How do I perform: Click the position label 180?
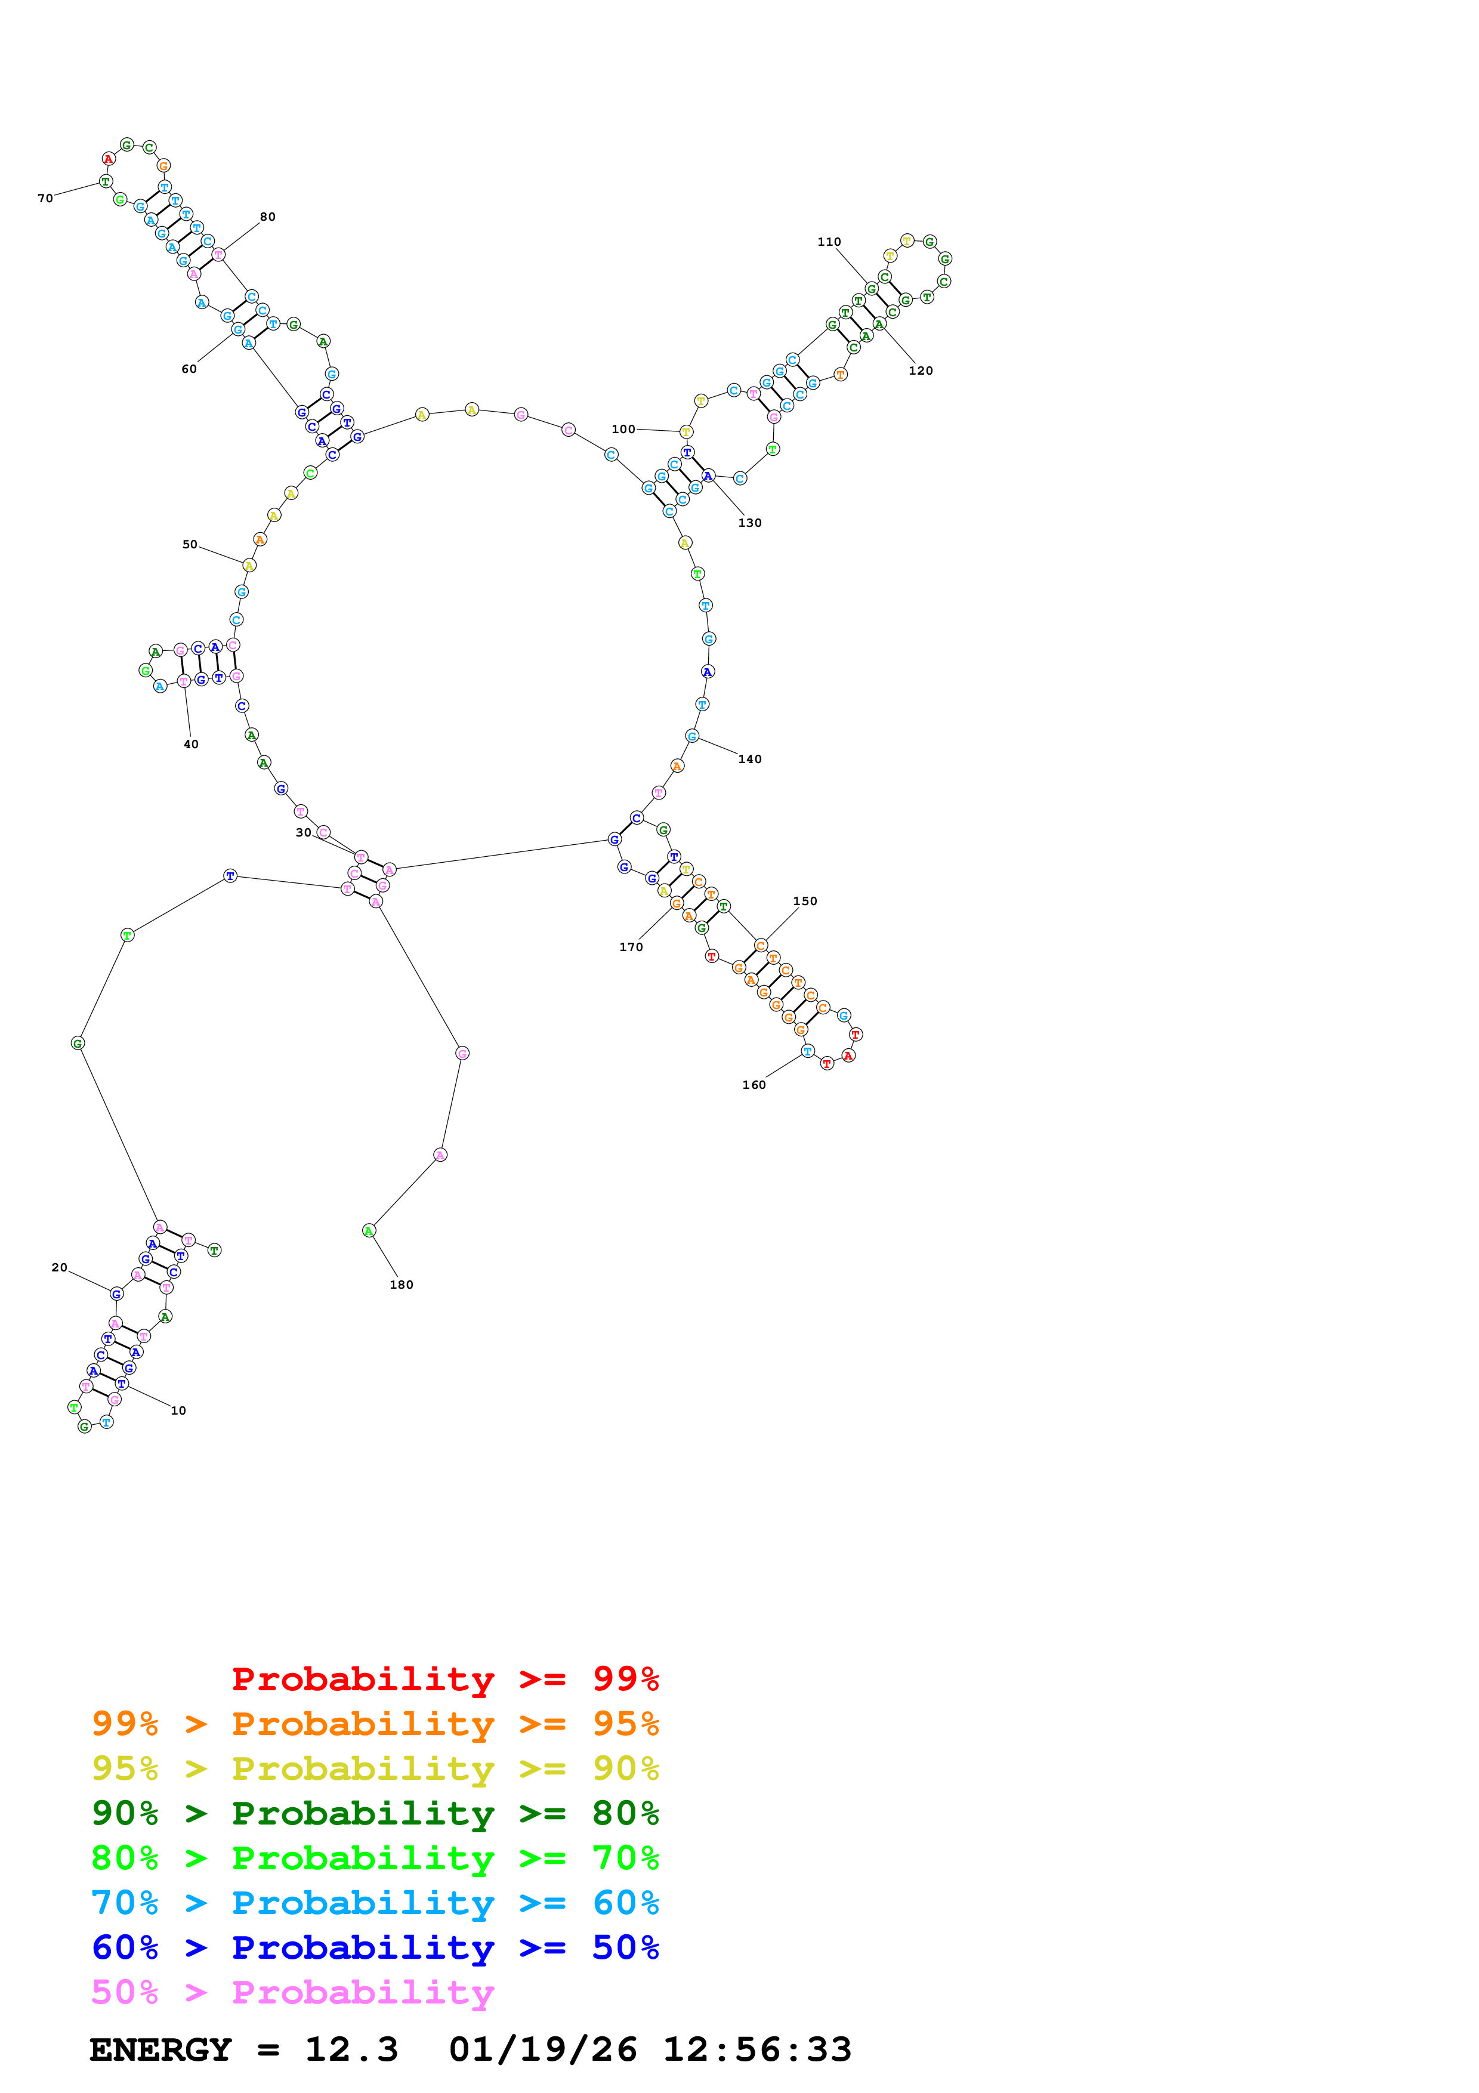[401, 1285]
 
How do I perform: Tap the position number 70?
[45, 198]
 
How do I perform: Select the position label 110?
[828, 242]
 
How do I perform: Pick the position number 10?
[178, 1410]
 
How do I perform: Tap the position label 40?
[190, 744]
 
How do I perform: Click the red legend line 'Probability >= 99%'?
[444, 1678]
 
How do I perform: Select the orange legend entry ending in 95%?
[375, 1723]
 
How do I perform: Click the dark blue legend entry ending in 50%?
[375, 1947]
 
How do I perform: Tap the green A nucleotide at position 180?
[369, 1231]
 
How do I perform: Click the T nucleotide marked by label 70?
[106, 181]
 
